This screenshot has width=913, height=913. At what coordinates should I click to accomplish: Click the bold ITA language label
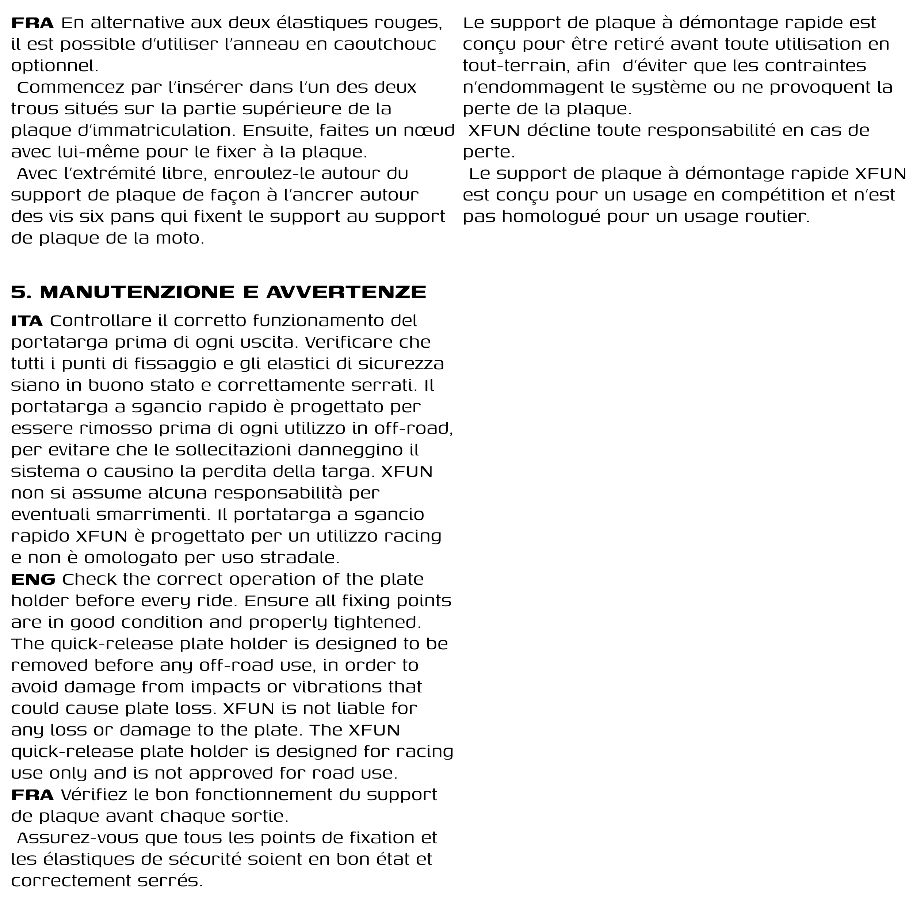tap(27, 321)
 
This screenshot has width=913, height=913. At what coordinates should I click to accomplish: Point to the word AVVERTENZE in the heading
tap(346, 293)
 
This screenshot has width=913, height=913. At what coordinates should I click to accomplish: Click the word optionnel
tap(55, 66)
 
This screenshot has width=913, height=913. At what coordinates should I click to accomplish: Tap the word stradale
tap(299, 558)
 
